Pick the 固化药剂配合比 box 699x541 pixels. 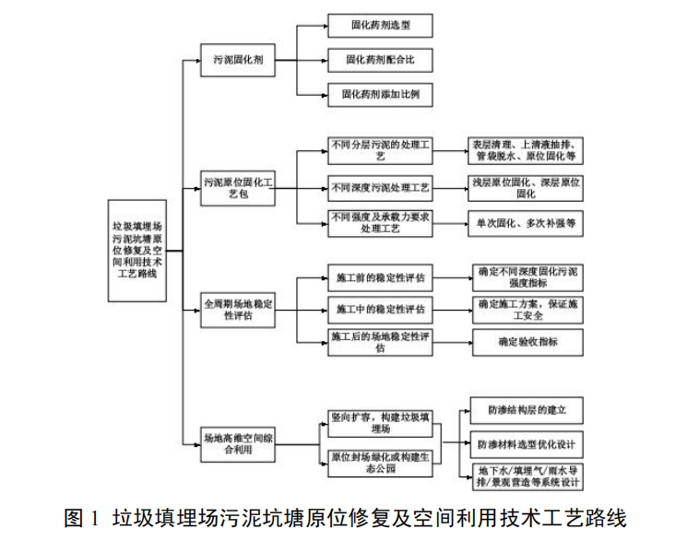(x=380, y=60)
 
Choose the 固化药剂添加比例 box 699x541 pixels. (x=380, y=94)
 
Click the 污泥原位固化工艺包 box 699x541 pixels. (x=238, y=189)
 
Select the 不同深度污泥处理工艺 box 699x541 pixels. (x=380, y=188)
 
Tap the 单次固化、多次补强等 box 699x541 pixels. (x=526, y=223)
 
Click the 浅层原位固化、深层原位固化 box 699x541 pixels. (x=526, y=188)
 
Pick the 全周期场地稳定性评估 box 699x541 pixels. (x=238, y=309)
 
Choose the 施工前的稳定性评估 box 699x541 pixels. (x=380, y=276)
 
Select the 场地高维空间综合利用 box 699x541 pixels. (x=238, y=446)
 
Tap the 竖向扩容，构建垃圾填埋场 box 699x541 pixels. (x=380, y=423)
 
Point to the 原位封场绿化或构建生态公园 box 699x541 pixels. (x=380, y=463)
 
